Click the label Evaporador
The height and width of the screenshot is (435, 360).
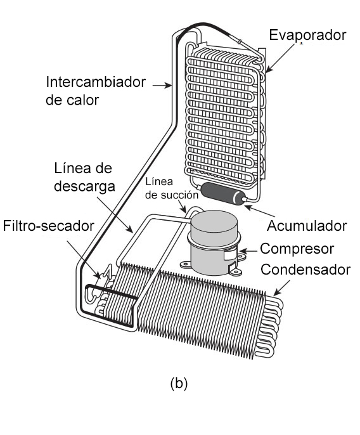(x=307, y=36)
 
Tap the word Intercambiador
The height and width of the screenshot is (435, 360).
(x=96, y=82)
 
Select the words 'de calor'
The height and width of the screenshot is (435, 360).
(x=72, y=100)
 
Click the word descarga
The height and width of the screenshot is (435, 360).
(x=84, y=186)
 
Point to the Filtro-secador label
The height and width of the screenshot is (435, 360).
(x=49, y=226)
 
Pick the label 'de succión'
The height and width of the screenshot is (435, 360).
(x=172, y=195)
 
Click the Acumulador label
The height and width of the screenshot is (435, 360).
(x=307, y=226)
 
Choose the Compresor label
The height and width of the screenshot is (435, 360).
(x=297, y=249)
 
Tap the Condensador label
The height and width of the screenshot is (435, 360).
(x=305, y=269)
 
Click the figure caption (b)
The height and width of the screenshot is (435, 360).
(x=179, y=384)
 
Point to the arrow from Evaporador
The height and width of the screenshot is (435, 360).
(x=280, y=58)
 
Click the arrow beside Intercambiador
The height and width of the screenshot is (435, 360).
(x=162, y=86)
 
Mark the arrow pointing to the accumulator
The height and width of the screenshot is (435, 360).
(x=259, y=211)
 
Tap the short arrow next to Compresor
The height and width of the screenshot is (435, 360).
(x=248, y=251)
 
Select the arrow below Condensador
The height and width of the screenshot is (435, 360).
(x=281, y=288)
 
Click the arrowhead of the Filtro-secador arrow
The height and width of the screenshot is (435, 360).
(x=98, y=275)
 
